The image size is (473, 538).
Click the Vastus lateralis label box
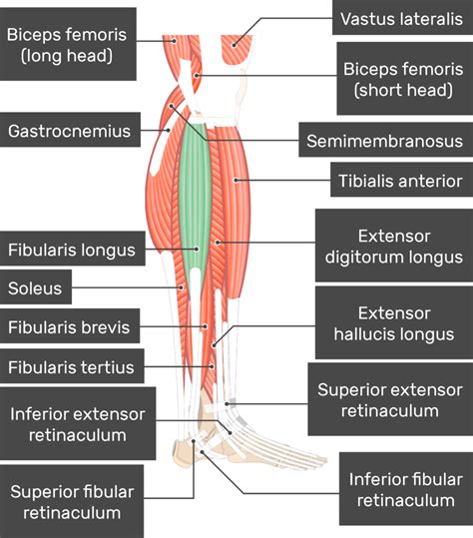click(401, 19)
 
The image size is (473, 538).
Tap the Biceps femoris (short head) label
click(401, 81)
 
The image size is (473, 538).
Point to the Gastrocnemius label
click(71, 130)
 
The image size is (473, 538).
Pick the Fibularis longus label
click(72, 250)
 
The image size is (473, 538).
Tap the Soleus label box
click(36, 289)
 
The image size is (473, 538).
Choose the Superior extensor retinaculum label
click(389, 399)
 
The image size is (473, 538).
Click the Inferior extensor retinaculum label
click(78, 424)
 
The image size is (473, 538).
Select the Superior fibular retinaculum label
click(72, 502)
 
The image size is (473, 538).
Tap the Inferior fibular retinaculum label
click(404, 490)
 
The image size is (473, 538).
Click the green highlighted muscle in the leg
click(198, 200)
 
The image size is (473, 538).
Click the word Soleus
click(36, 289)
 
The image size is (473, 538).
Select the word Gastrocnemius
click(71, 130)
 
